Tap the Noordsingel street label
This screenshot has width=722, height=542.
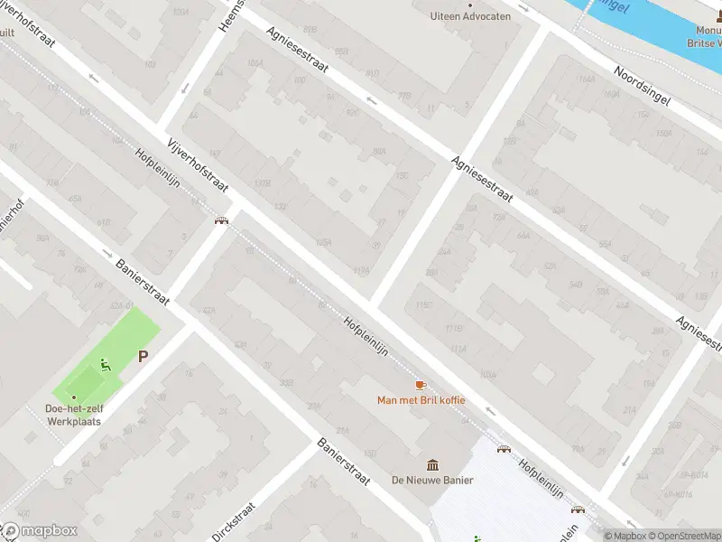point(642,86)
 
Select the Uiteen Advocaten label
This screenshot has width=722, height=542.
point(470,16)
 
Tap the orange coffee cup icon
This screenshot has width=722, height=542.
point(421,386)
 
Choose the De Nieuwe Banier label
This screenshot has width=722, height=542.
point(432,480)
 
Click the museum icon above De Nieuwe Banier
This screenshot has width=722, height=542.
point(432,464)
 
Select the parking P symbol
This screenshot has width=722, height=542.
point(143,357)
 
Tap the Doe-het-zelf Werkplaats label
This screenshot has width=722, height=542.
point(75,415)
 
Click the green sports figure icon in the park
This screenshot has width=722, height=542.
point(105,366)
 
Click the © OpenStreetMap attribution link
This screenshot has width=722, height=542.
point(682,536)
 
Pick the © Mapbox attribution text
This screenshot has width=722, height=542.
point(625,536)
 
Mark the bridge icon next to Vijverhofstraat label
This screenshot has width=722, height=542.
point(221,220)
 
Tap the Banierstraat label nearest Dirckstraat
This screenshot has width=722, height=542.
point(344,463)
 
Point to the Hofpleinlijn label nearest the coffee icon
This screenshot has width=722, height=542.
point(366,335)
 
